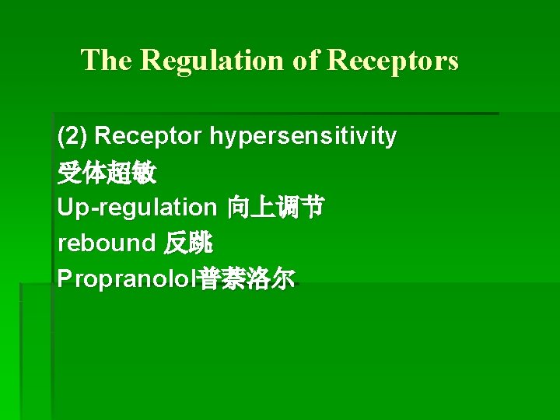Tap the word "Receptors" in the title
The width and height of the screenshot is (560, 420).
point(393,61)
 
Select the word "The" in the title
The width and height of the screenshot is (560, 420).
point(107,61)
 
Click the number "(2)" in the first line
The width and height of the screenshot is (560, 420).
point(73,137)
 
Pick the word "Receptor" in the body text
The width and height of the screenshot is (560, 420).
point(149,137)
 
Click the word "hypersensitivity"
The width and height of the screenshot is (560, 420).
point(303,137)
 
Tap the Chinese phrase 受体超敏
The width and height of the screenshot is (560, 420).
point(107,173)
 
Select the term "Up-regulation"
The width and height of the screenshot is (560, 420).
point(137,208)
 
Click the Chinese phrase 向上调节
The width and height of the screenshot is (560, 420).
point(275,208)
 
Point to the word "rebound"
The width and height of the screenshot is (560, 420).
point(107,243)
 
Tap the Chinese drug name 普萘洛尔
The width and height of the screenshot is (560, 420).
point(247,279)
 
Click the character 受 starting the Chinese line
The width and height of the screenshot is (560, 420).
point(70,173)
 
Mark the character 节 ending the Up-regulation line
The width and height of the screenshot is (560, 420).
point(313,208)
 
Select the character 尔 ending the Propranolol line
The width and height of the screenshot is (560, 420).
point(283,279)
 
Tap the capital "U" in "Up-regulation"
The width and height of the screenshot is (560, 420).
point(65,208)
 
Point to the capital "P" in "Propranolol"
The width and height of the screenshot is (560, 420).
point(65,279)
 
